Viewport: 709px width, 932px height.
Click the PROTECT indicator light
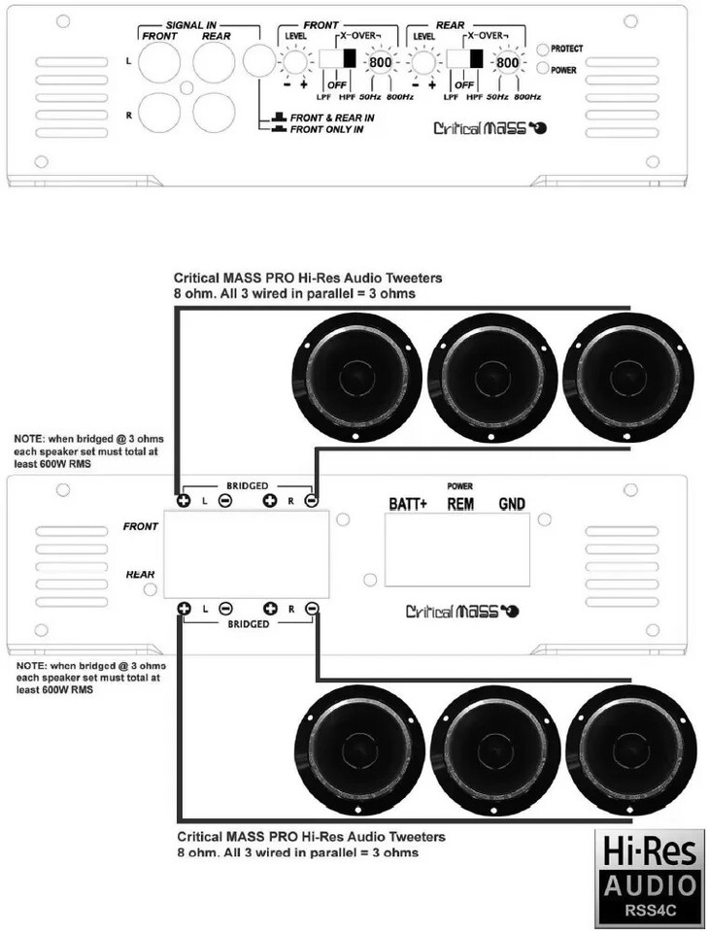(542, 49)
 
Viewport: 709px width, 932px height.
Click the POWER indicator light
(542, 70)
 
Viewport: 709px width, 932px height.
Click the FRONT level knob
(290, 64)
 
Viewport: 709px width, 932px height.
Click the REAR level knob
(422, 64)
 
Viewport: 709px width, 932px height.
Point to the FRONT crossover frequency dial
(379, 64)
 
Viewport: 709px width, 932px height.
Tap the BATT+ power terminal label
(408, 504)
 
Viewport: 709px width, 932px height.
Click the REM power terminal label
(460, 504)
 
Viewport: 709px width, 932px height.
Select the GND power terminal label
(512, 504)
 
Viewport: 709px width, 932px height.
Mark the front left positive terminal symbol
(183, 501)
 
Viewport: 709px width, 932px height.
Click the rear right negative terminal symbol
(311, 608)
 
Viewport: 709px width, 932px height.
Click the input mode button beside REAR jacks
(256, 64)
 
